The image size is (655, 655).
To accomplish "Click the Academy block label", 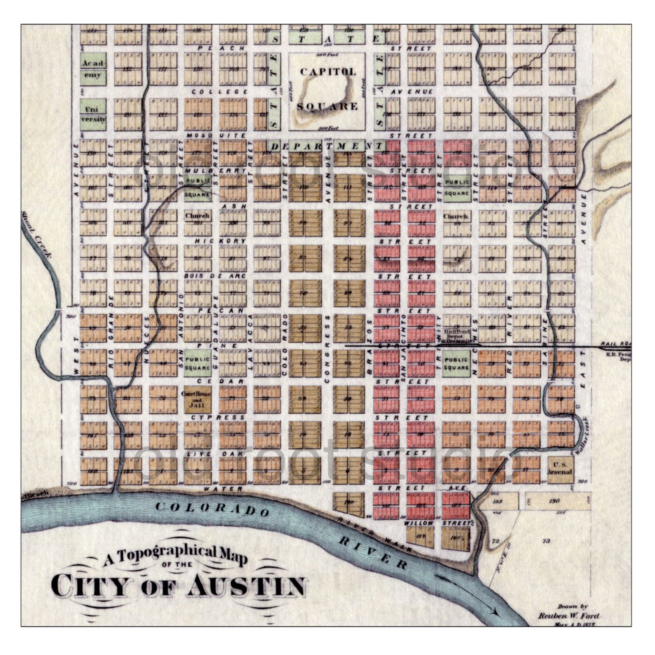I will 93,69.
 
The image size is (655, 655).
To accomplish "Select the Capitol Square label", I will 327,89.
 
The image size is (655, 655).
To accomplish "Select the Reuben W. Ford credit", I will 568,616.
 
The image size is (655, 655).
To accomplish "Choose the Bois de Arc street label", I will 216,276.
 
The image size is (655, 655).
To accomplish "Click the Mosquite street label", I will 216,135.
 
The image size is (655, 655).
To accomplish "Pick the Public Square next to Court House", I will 197,363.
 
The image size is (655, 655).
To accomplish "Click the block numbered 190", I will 554,501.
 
